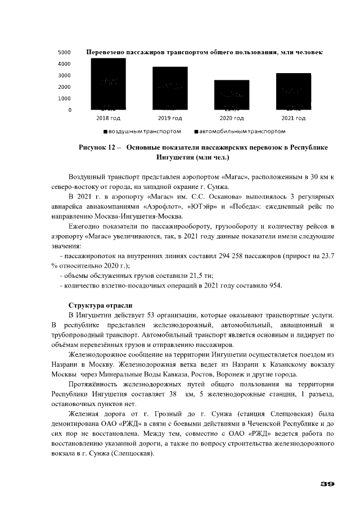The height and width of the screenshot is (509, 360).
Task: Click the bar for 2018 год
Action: [109, 84]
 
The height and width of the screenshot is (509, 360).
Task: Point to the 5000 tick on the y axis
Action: [64, 52]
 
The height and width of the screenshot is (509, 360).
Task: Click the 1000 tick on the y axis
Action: [64, 98]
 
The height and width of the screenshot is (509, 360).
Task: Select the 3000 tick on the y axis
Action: [64, 75]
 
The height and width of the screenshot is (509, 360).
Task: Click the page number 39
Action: [327, 483]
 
